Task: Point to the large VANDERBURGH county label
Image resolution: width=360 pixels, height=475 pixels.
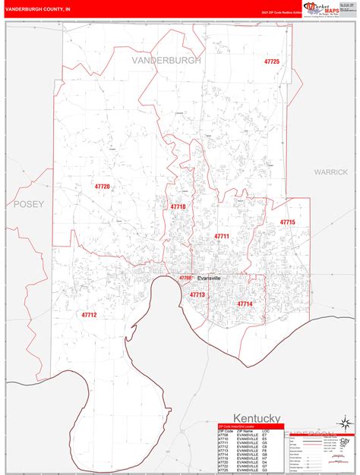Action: click(166, 60)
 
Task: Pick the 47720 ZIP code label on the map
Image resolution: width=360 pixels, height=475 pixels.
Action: click(101, 187)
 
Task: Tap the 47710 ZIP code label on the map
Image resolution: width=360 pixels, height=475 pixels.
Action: click(178, 206)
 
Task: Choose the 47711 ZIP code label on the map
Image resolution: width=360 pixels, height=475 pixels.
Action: click(221, 237)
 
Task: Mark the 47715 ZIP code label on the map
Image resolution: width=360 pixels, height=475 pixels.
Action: click(287, 222)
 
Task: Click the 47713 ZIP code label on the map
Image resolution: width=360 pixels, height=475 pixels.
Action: click(197, 294)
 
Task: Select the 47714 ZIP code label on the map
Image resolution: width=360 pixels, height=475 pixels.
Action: click(245, 304)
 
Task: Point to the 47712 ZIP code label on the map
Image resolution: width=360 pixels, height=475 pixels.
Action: click(89, 313)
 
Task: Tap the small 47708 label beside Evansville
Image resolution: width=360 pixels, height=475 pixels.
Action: click(185, 278)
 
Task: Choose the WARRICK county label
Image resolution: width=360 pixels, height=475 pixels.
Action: click(331, 172)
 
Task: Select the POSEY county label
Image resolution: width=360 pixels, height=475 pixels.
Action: click(29, 204)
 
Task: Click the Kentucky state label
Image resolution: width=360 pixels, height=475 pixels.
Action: click(257, 418)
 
